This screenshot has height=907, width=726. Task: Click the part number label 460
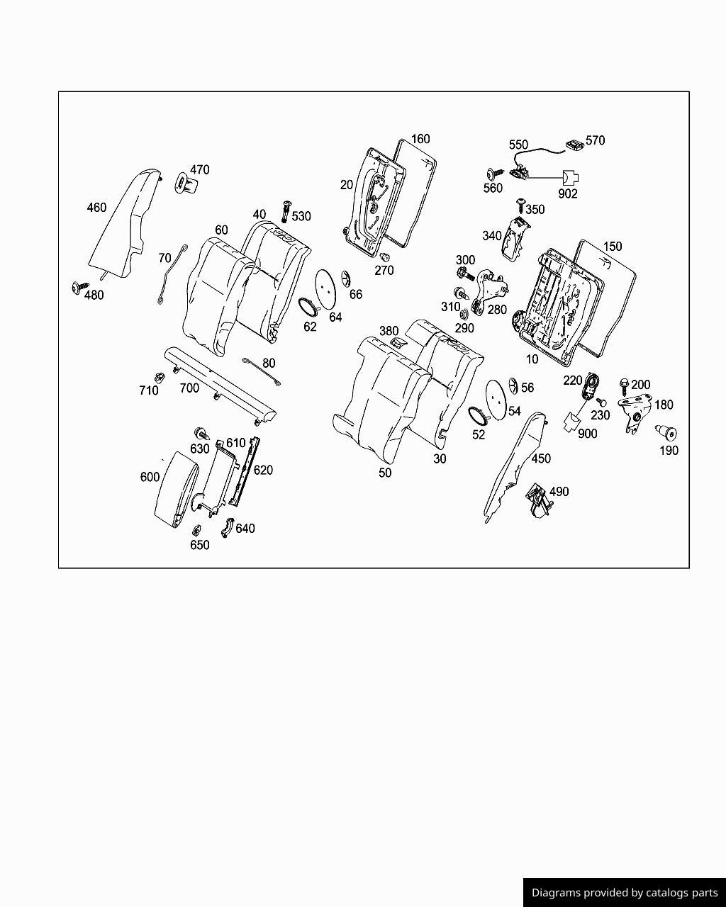(x=96, y=208)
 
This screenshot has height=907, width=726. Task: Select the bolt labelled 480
(x=76, y=287)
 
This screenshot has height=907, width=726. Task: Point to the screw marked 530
(x=286, y=210)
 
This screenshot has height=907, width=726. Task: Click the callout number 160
(x=420, y=139)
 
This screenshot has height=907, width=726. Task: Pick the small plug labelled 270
(x=385, y=257)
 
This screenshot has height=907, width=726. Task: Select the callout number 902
(x=568, y=193)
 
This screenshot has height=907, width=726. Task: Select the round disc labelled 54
(x=498, y=398)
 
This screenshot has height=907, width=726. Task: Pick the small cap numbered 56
(x=513, y=385)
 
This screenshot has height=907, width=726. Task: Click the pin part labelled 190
(x=666, y=432)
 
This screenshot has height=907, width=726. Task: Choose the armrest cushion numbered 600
(x=178, y=489)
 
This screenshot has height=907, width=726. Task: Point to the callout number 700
(x=189, y=388)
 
